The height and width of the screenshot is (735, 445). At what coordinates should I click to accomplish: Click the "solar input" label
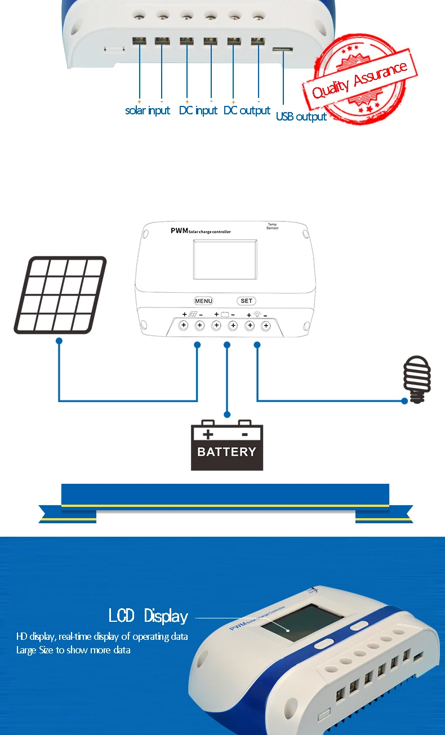(148, 110)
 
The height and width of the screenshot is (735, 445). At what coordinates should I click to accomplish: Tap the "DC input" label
(198, 110)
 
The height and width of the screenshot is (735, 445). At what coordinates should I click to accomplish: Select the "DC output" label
(247, 110)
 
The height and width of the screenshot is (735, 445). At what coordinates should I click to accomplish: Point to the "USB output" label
(301, 117)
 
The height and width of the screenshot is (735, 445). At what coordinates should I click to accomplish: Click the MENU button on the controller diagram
(203, 301)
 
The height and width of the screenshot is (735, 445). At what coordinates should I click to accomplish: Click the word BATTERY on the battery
(226, 452)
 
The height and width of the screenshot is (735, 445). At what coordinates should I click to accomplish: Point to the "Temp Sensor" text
(272, 226)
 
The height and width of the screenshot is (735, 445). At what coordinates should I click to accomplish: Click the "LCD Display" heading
(148, 615)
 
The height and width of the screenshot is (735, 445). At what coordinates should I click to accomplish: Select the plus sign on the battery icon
(207, 434)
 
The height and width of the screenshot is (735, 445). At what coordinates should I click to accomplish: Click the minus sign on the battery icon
(244, 434)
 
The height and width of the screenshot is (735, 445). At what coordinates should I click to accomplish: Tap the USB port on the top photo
(283, 50)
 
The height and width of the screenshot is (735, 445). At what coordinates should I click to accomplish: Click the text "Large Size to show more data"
(73, 650)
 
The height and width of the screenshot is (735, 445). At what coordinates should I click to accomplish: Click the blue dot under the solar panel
(59, 341)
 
